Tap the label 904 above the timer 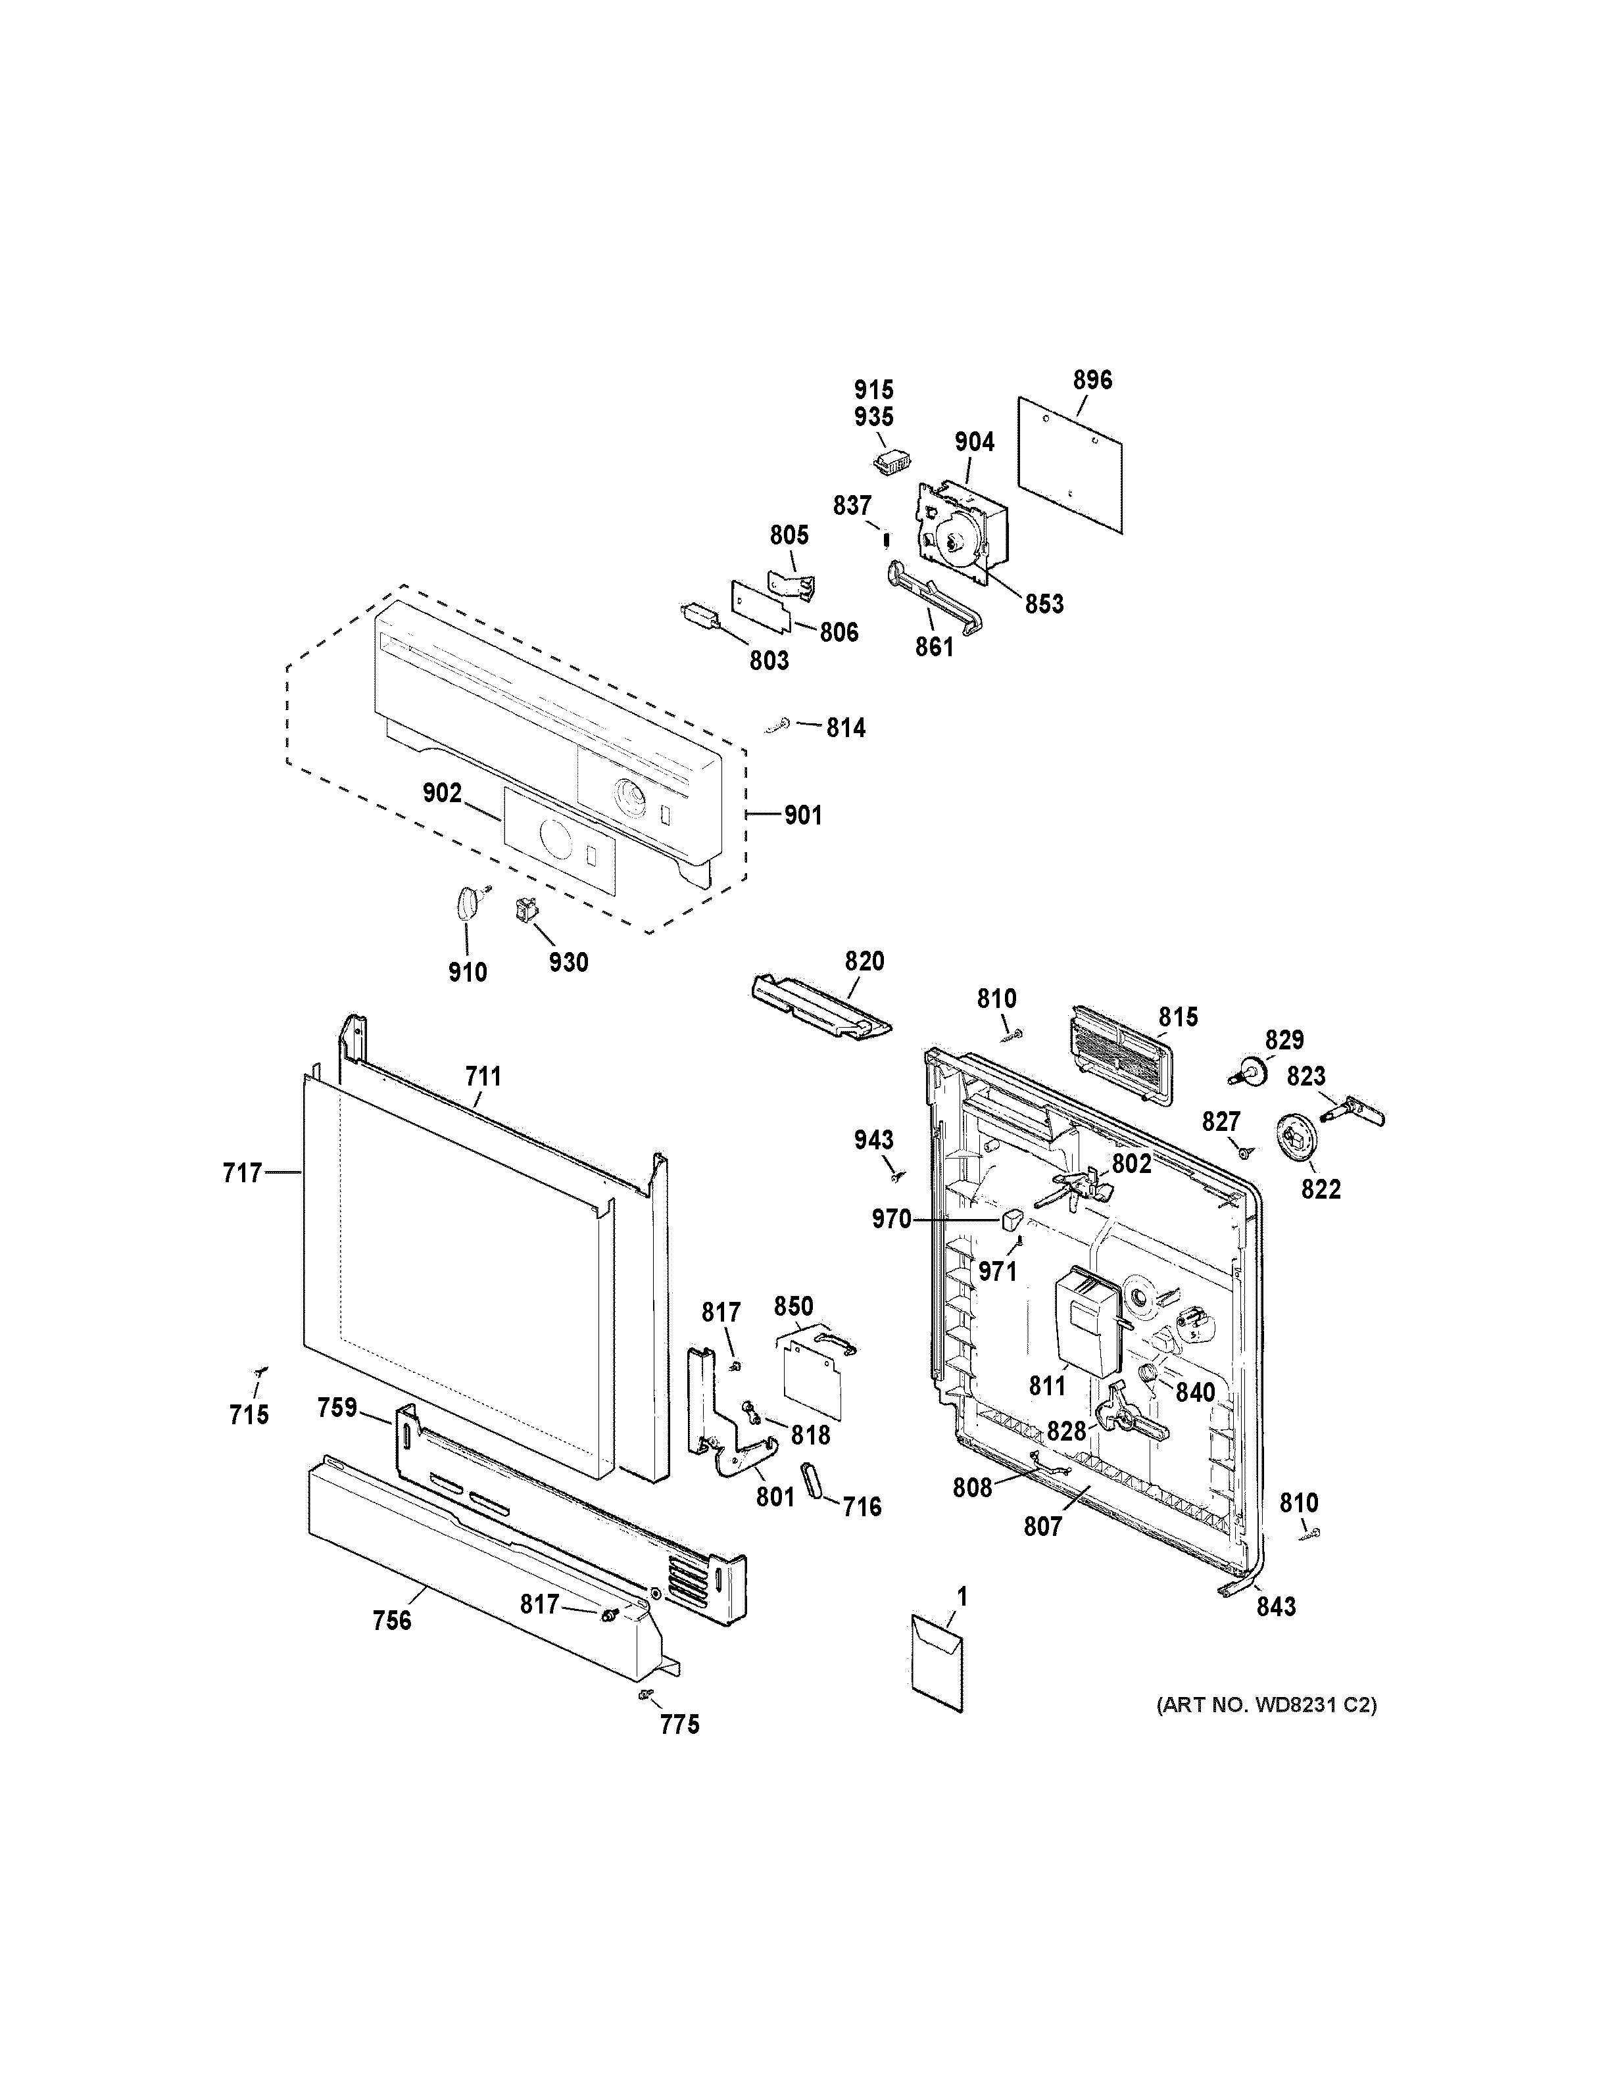click(x=974, y=442)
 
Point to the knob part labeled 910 click(x=466, y=901)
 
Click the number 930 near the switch click(x=568, y=963)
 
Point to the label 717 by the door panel click(x=242, y=1172)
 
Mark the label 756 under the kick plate click(x=391, y=1619)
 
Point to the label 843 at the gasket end click(x=1275, y=1607)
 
